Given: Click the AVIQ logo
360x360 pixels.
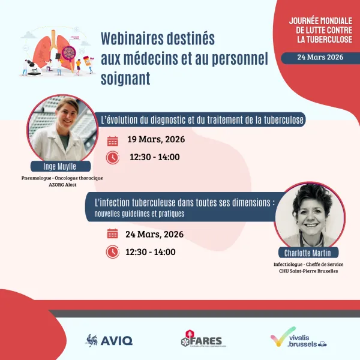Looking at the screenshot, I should point(109,340).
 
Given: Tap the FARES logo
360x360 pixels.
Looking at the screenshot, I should point(204,340).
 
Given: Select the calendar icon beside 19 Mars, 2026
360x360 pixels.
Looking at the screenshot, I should point(112,141).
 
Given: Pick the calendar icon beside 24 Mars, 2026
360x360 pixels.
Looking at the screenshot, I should point(112,234).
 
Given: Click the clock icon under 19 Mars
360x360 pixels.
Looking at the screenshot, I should point(112,158).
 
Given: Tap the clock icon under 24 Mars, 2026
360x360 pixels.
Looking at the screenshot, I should point(112,251).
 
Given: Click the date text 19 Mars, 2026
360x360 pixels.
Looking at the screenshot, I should point(156,140).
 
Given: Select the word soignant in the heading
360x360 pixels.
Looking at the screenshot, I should point(125,79).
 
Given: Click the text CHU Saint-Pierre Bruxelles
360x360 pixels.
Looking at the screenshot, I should point(308,271).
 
